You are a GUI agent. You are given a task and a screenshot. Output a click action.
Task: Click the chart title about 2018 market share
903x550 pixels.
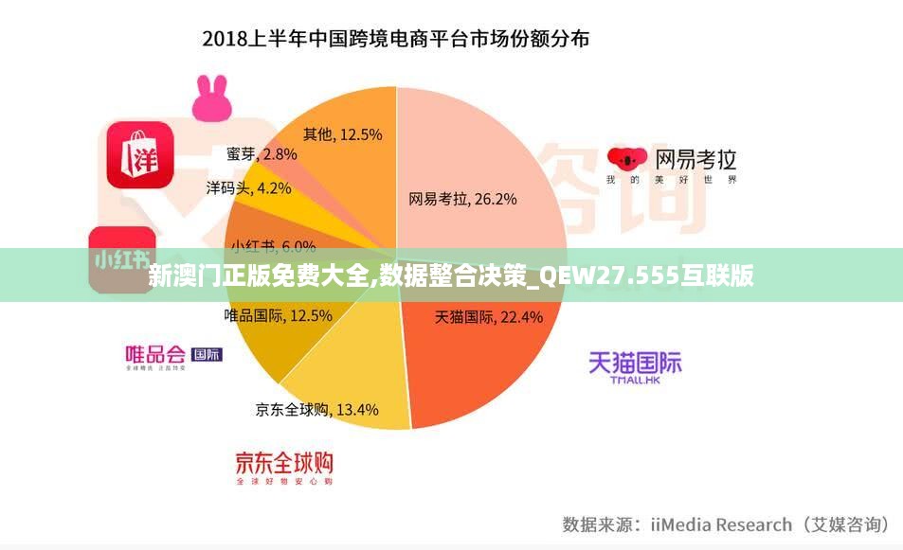click(396, 40)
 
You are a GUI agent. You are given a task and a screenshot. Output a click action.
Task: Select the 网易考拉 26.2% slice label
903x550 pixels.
click(462, 199)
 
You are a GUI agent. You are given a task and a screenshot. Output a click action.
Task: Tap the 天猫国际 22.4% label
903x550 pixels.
click(488, 317)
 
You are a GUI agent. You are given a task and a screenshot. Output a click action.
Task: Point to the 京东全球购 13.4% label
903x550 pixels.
click(316, 410)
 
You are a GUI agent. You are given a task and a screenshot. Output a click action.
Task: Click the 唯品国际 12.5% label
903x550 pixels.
click(278, 315)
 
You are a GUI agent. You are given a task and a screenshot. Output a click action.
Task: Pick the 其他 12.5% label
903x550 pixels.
click(342, 134)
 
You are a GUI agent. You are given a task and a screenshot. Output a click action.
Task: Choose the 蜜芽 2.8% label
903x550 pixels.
click(262, 153)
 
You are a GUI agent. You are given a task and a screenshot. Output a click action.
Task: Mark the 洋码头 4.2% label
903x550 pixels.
click(248, 187)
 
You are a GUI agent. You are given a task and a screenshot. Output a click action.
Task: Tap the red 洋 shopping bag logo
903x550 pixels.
click(139, 153)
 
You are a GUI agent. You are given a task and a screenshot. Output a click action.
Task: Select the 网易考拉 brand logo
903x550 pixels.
click(671, 165)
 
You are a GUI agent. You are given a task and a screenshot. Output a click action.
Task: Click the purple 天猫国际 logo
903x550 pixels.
click(634, 367)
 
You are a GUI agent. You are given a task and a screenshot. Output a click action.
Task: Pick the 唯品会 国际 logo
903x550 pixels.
click(173, 356)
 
